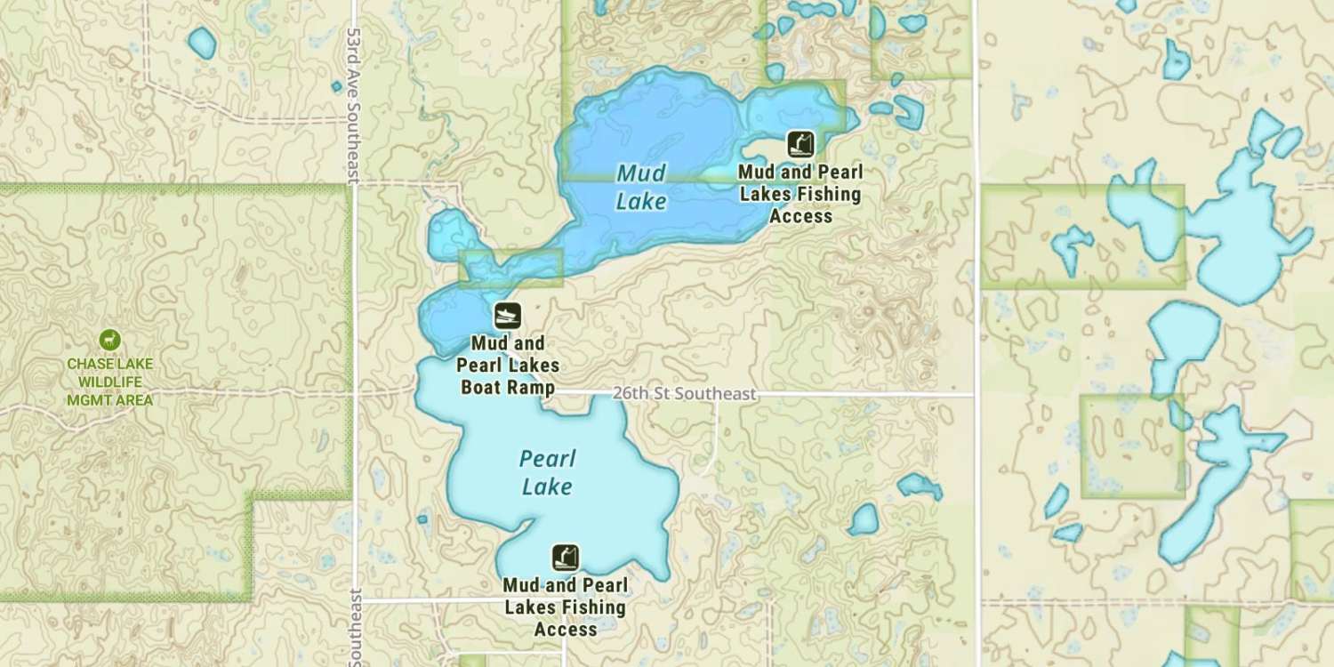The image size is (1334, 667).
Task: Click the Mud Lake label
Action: point(641,187)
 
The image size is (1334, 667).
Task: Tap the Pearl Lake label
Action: point(547,472)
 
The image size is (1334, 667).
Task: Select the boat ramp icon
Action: point(507,315)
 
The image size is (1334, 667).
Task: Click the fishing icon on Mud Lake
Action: point(800,144)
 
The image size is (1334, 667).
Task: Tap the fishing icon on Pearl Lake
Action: point(565,558)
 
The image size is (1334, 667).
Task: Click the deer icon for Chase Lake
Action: point(110,340)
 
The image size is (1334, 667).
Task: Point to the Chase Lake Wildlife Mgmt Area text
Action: point(110,382)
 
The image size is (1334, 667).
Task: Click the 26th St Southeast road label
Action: point(684,393)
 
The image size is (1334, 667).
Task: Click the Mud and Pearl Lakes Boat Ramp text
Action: point(507,366)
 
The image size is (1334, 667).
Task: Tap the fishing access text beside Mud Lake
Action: point(800,194)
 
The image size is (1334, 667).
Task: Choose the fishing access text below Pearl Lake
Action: point(565,607)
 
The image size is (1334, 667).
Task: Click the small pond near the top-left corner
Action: point(202,42)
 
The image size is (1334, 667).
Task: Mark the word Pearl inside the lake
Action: point(548,459)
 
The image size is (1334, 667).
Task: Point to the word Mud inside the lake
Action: point(640,173)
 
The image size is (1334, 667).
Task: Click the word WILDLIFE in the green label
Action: point(110,382)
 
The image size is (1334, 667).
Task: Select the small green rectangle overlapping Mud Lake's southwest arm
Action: point(510,269)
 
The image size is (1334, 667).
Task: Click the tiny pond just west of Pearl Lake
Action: point(422,518)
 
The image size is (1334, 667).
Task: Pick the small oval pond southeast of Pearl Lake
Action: point(864,519)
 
